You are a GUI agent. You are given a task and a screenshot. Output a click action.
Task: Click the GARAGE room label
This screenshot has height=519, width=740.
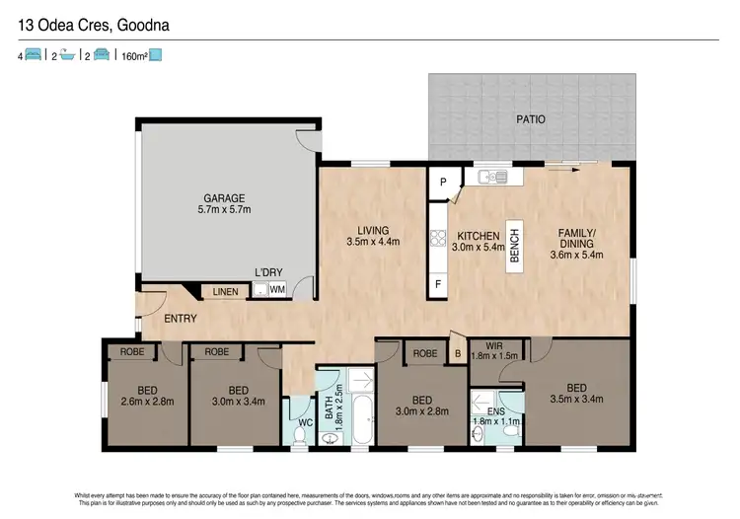(224, 197)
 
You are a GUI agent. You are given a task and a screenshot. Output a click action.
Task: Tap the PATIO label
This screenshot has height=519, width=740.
(529, 119)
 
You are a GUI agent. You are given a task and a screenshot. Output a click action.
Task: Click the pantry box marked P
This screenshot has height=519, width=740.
(443, 182)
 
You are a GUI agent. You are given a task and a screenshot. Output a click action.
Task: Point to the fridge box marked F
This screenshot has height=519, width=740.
(438, 283)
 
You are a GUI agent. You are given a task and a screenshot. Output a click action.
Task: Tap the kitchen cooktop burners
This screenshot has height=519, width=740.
(437, 237)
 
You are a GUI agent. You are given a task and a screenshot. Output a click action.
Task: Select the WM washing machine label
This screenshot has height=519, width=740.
(277, 290)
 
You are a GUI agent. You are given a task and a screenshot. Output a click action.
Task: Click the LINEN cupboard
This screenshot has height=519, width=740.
(224, 291)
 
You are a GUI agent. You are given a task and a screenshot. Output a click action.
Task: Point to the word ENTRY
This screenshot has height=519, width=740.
(181, 319)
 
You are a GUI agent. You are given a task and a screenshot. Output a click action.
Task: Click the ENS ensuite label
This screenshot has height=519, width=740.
(484, 411)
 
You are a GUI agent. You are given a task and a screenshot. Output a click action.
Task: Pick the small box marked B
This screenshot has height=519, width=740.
(457, 351)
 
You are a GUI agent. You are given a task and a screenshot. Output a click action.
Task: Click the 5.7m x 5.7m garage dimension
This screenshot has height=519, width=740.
(224, 210)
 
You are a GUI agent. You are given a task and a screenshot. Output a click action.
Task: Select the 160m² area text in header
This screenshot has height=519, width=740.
(134, 56)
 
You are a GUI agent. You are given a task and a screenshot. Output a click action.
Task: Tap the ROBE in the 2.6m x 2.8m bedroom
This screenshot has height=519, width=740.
(133, 350)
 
